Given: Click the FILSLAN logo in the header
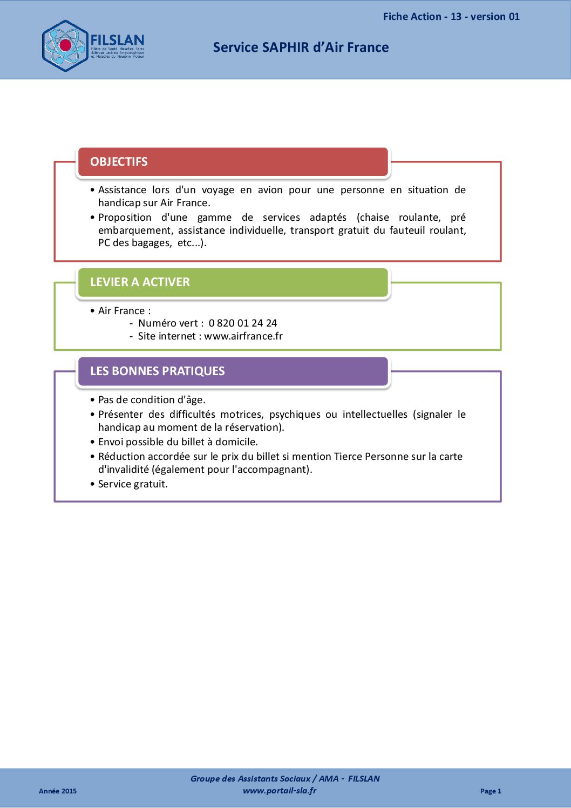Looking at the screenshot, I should point(93,46).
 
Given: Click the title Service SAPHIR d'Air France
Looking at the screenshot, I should point(301,47).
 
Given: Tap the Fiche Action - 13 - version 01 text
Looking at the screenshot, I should point(451,17).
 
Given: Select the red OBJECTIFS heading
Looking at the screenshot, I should point(119,162).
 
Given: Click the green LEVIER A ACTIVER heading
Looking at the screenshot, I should point(140,282).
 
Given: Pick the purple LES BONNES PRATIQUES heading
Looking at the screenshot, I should point(157,371).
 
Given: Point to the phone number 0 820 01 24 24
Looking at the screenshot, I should point(243,323).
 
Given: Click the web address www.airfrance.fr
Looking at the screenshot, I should point(243,336).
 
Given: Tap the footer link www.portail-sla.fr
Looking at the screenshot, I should point(280,791).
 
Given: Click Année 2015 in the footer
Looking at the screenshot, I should point(58,791).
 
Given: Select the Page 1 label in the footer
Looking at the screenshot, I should point(491,791).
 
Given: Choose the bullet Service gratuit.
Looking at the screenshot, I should point(133,484).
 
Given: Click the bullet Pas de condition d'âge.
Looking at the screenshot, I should point(152,400).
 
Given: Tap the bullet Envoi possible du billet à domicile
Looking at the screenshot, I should point(178,442).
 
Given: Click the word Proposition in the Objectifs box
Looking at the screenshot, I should point(125,218).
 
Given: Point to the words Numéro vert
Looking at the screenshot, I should point(168,323).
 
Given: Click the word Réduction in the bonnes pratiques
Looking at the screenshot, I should point(121,457).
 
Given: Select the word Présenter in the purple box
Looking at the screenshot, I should point(120,415).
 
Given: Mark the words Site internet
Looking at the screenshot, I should point(167,336).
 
